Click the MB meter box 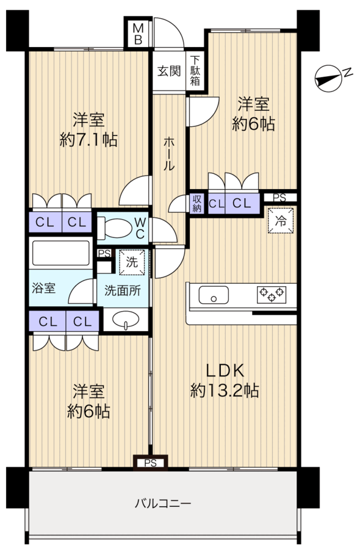point(139,35)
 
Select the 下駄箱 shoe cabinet point(195,70)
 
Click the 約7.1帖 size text point(89,140)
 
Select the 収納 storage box point(197,203)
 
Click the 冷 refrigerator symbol point(281,220)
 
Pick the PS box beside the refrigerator point(280,197)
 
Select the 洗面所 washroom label point(126,290)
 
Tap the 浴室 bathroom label point(44,288)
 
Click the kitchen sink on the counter point(214,297)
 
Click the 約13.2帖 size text point(225,390)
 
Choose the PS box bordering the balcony point(151,463)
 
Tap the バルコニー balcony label point(163,504)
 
